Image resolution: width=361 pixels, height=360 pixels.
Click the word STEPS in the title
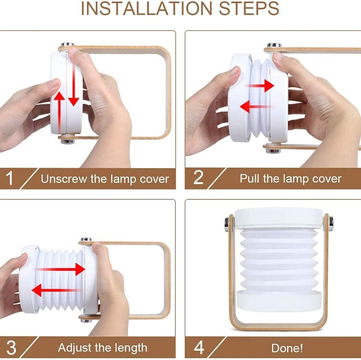[249, 9]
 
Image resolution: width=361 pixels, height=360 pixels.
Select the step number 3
[11, 347]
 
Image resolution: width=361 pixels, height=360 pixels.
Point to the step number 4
[199, 347]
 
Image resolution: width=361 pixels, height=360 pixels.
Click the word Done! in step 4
[287, 348]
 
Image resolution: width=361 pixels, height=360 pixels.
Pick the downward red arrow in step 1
[74, 85]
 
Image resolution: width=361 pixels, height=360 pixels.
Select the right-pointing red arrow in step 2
[260, 86]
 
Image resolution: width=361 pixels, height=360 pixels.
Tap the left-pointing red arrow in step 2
[256, 106]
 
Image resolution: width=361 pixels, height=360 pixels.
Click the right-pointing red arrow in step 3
[61, 269]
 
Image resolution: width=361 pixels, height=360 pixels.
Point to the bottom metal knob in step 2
[273, 151]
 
